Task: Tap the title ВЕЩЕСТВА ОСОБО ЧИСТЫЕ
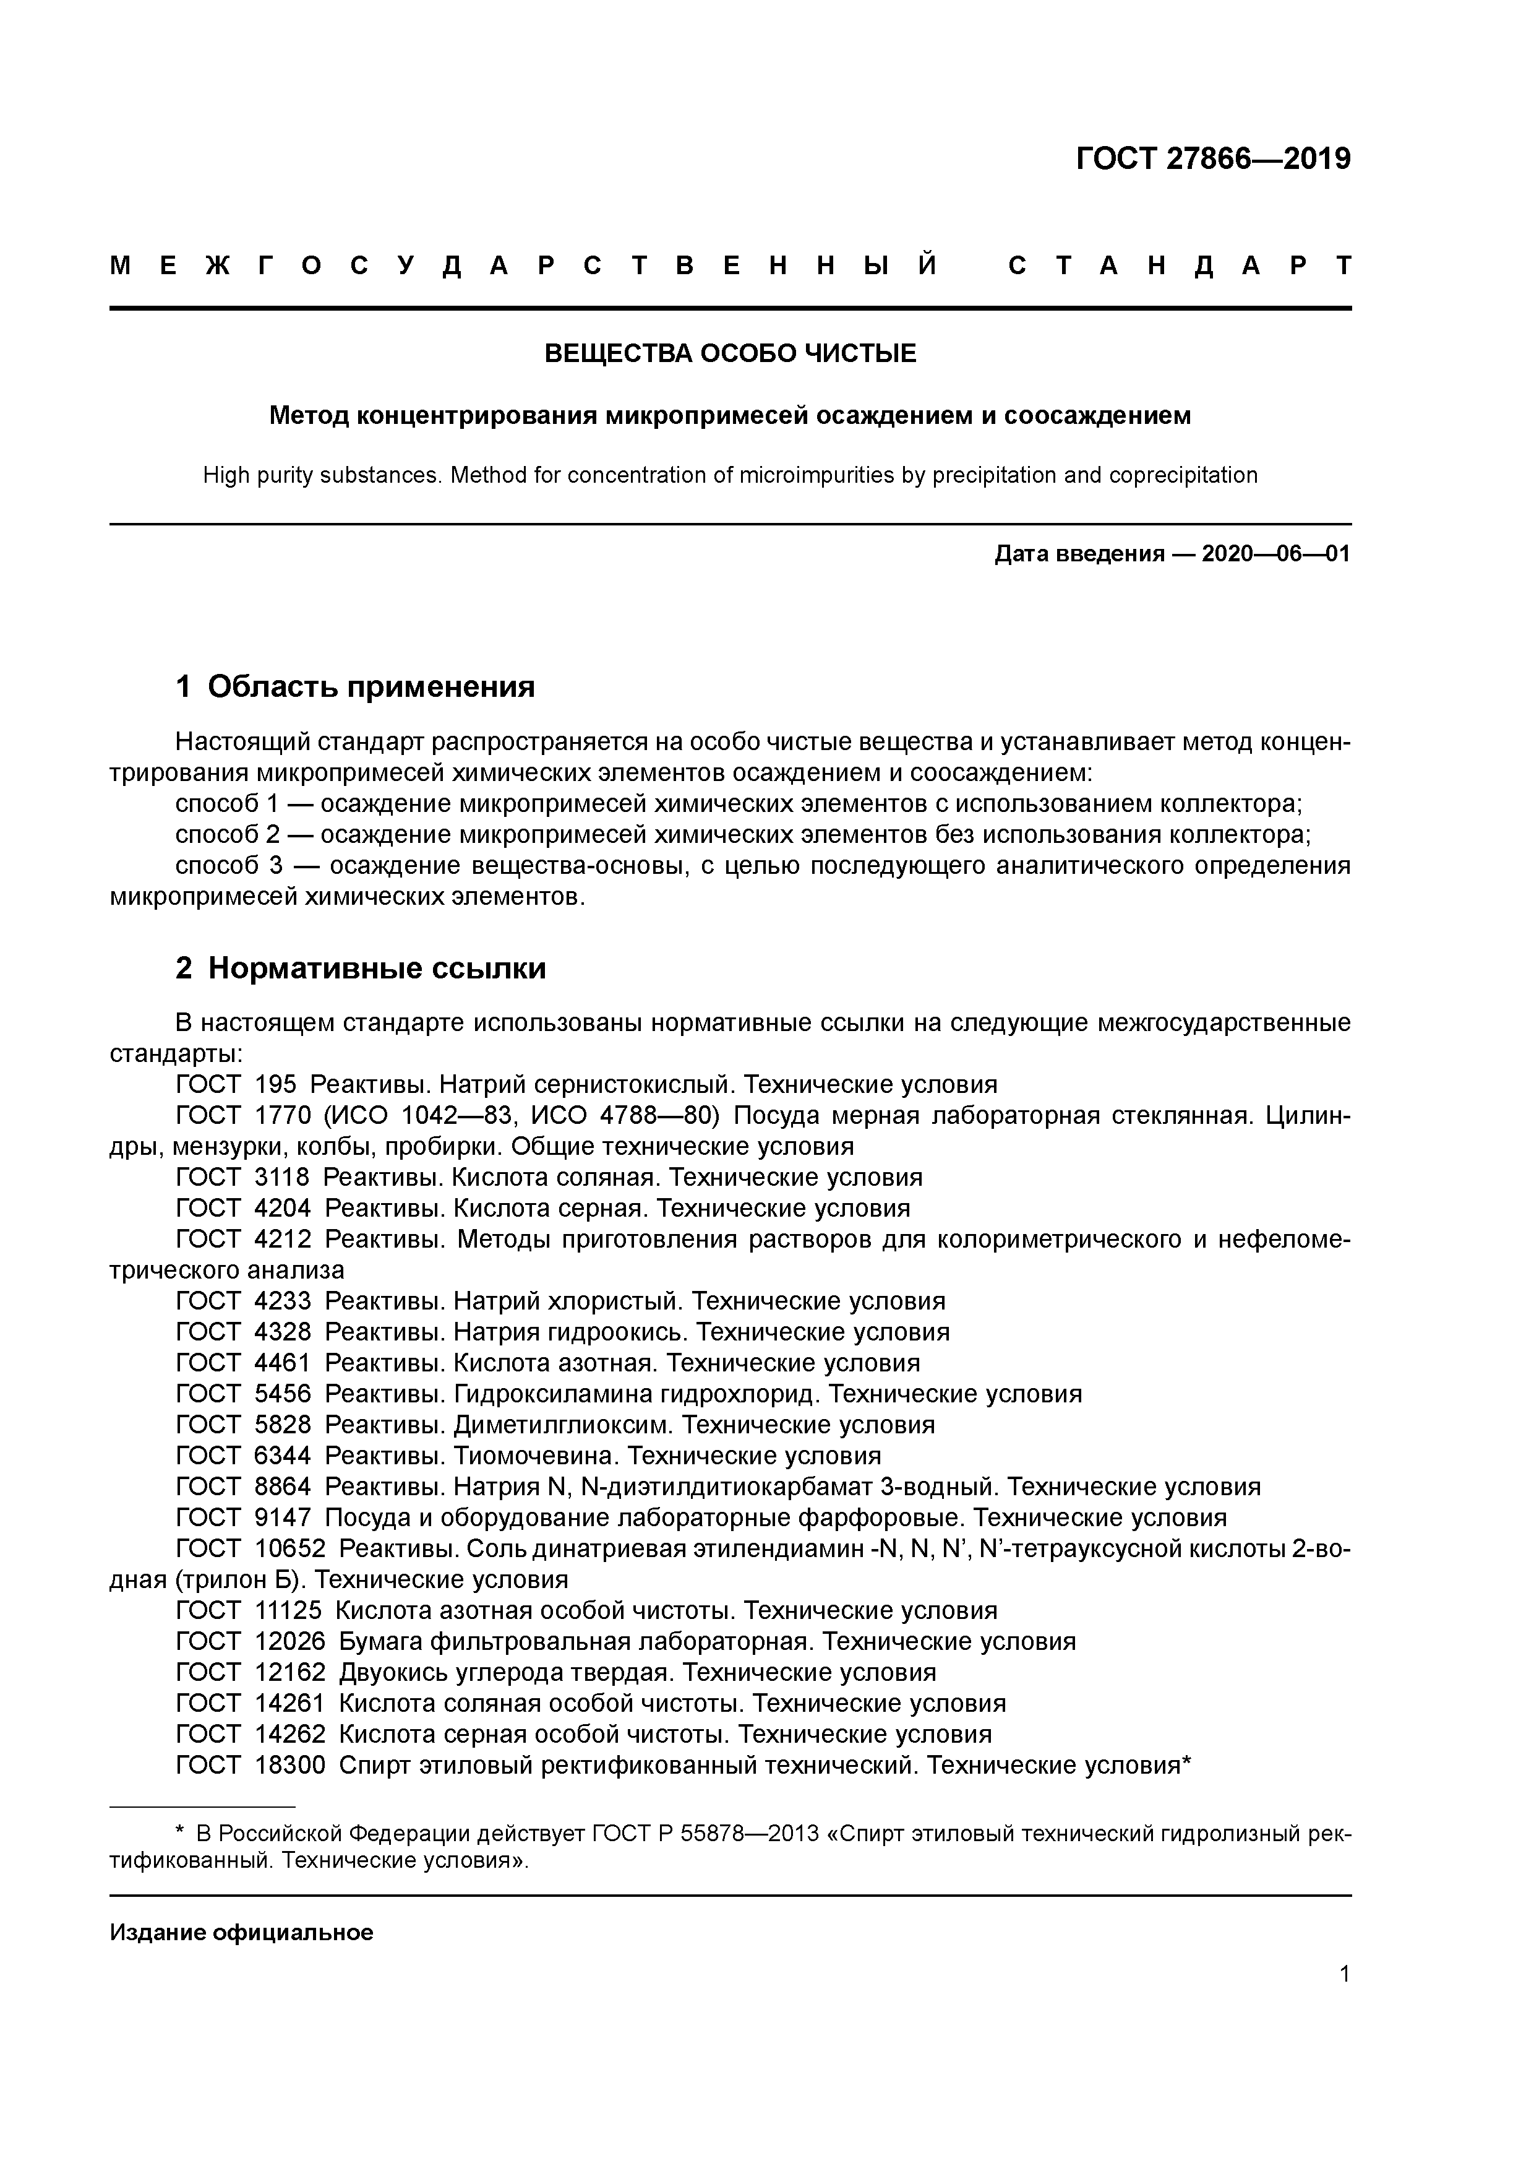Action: pos(730,353)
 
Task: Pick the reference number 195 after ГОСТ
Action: pos(275,1084)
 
